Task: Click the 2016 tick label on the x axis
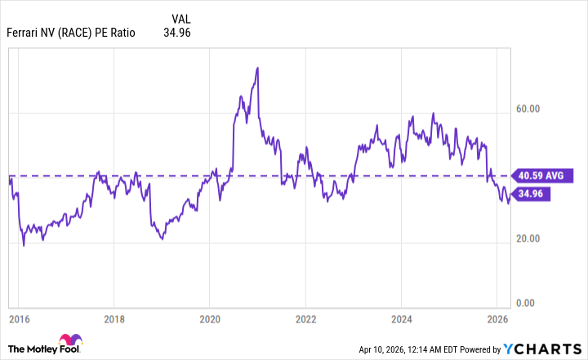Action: click(x=18, y=318)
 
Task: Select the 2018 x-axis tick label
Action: click(x=114, y=318)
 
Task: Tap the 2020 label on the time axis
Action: click(x=210, y=318)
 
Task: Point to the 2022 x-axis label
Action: click(x=305, y=318)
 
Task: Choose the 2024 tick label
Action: click(x=401, y=318)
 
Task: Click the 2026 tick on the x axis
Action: click(x=497, y=318)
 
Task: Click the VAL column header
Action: click(x=183, y=18)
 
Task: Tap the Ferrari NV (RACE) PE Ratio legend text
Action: click(x=72, y=33)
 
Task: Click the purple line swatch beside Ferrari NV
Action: click(x=3, y=33)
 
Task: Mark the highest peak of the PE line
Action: click(x=257, y=68)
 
